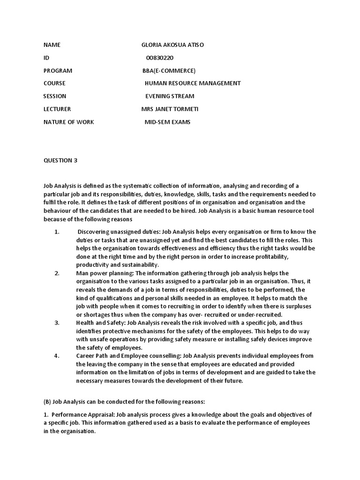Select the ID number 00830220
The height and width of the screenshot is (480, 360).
click(x=160, y=58)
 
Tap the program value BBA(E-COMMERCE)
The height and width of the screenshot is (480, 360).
click(x=169, y=71)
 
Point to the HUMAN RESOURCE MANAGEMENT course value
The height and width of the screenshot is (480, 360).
click(x=193, y=83)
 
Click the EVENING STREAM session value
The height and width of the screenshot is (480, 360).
click(x=169, y=96)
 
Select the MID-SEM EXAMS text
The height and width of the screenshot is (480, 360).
click(x=167, y=122)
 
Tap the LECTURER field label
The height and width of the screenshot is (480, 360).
click(x=57, y=109)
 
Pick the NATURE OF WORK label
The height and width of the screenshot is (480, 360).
click(x=68, y=122)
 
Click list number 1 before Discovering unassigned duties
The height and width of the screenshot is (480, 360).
click(x=57, y=232)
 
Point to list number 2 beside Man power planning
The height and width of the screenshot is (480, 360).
click(x=57, y=273)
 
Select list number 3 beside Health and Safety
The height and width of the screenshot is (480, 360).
click(x=57, y=323)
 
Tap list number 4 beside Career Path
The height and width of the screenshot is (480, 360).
click(x=57, y=356)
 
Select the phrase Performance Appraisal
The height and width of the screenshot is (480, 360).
click(x=81, y=415)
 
